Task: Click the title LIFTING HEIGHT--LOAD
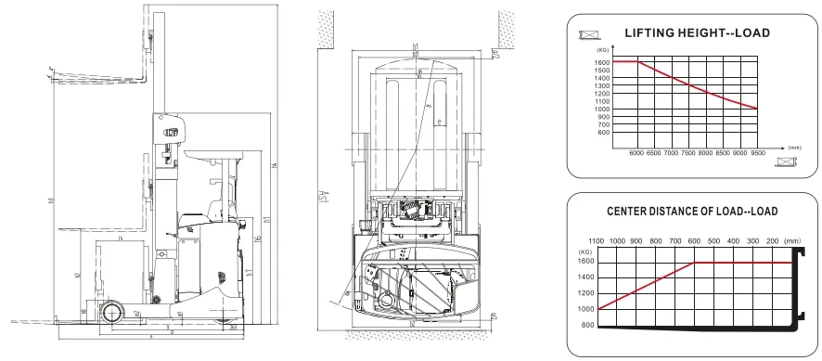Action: [x=697, y=32]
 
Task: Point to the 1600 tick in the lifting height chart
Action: [x=603, y=62]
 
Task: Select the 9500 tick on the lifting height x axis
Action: [x=758, y=151]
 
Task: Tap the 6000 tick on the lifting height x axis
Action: [x=636, y=151]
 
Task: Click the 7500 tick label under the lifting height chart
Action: [x=688, y=151]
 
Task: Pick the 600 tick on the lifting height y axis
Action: [x=603, y=133]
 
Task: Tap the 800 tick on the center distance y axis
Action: [x=586, y=326]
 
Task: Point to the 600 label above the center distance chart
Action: [x=693, y=240]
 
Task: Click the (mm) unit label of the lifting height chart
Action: [x=793, y=147]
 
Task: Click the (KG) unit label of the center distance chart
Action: [x=585, y=251]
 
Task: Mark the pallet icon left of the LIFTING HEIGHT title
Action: [x=588, y=33]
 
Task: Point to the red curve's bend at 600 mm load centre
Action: [x=695, y=264]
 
